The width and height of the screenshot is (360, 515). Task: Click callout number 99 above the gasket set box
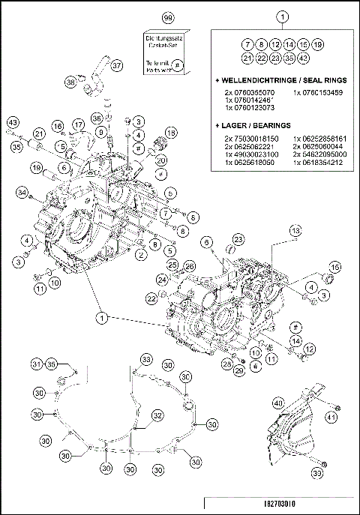click(x=167, y=16)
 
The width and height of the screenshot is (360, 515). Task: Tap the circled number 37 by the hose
click(x=116, y=66)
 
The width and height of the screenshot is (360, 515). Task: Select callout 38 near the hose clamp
click(x=70, y=82)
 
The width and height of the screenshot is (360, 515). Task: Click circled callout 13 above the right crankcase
click(x=295, y=229)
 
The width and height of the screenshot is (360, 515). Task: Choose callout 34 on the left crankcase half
click(x=23, y=194)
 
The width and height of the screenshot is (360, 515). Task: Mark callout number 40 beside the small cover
click(x=278, y=403)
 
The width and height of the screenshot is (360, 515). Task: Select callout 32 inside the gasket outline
click(x=157, y=415)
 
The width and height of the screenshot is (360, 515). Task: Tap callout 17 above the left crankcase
click(x=78, y=124)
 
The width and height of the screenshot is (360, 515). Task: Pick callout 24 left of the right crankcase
click(x=162, y=280)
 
